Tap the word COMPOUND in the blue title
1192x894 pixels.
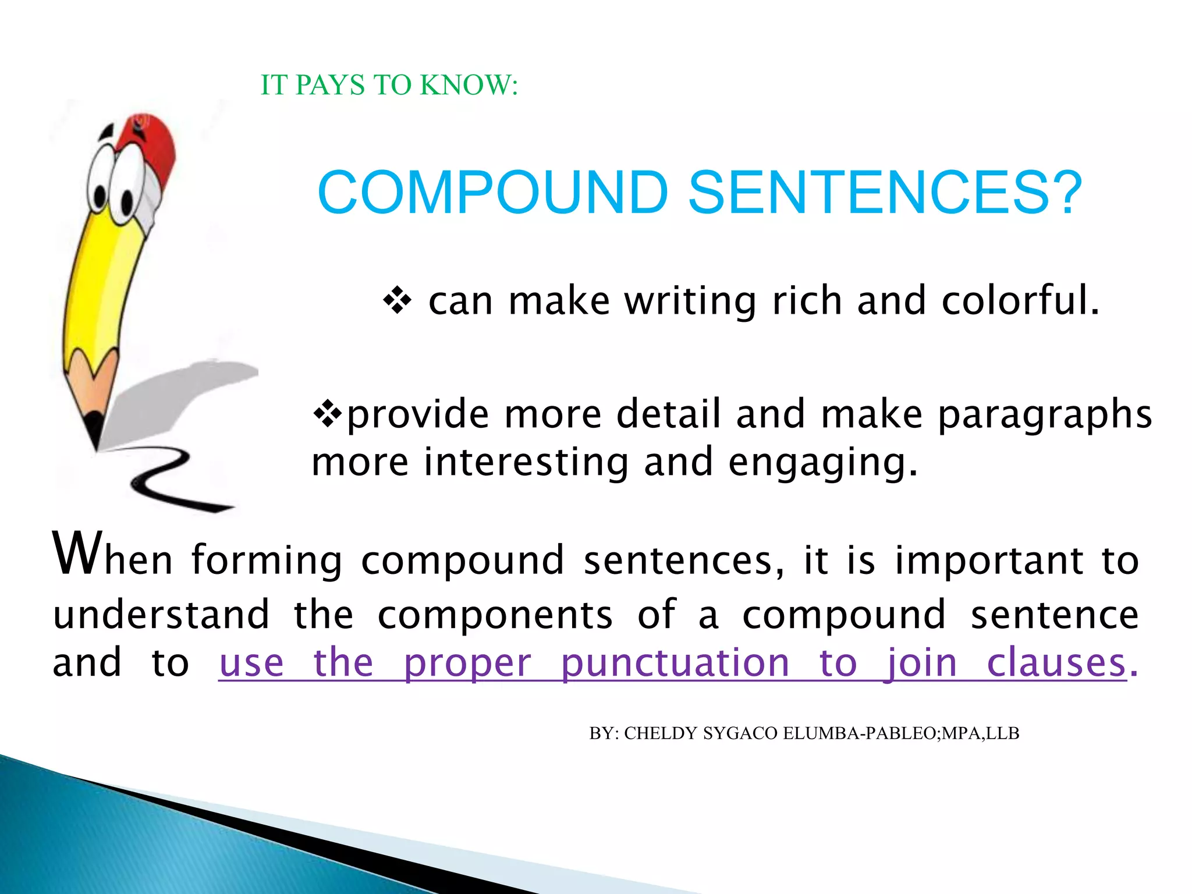pos(492,193)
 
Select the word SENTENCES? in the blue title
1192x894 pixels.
pos(885,193)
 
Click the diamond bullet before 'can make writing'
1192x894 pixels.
pos(397,301)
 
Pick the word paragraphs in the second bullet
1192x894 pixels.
pos(1045,415)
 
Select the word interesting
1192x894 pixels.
pos(526,462)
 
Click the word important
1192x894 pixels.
pos(989,560)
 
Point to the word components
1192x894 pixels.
pos(495,615)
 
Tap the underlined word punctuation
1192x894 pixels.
pos(675,664)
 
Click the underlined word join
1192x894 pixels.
pos(921,664)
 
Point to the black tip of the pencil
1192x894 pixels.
pos(93,431)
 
